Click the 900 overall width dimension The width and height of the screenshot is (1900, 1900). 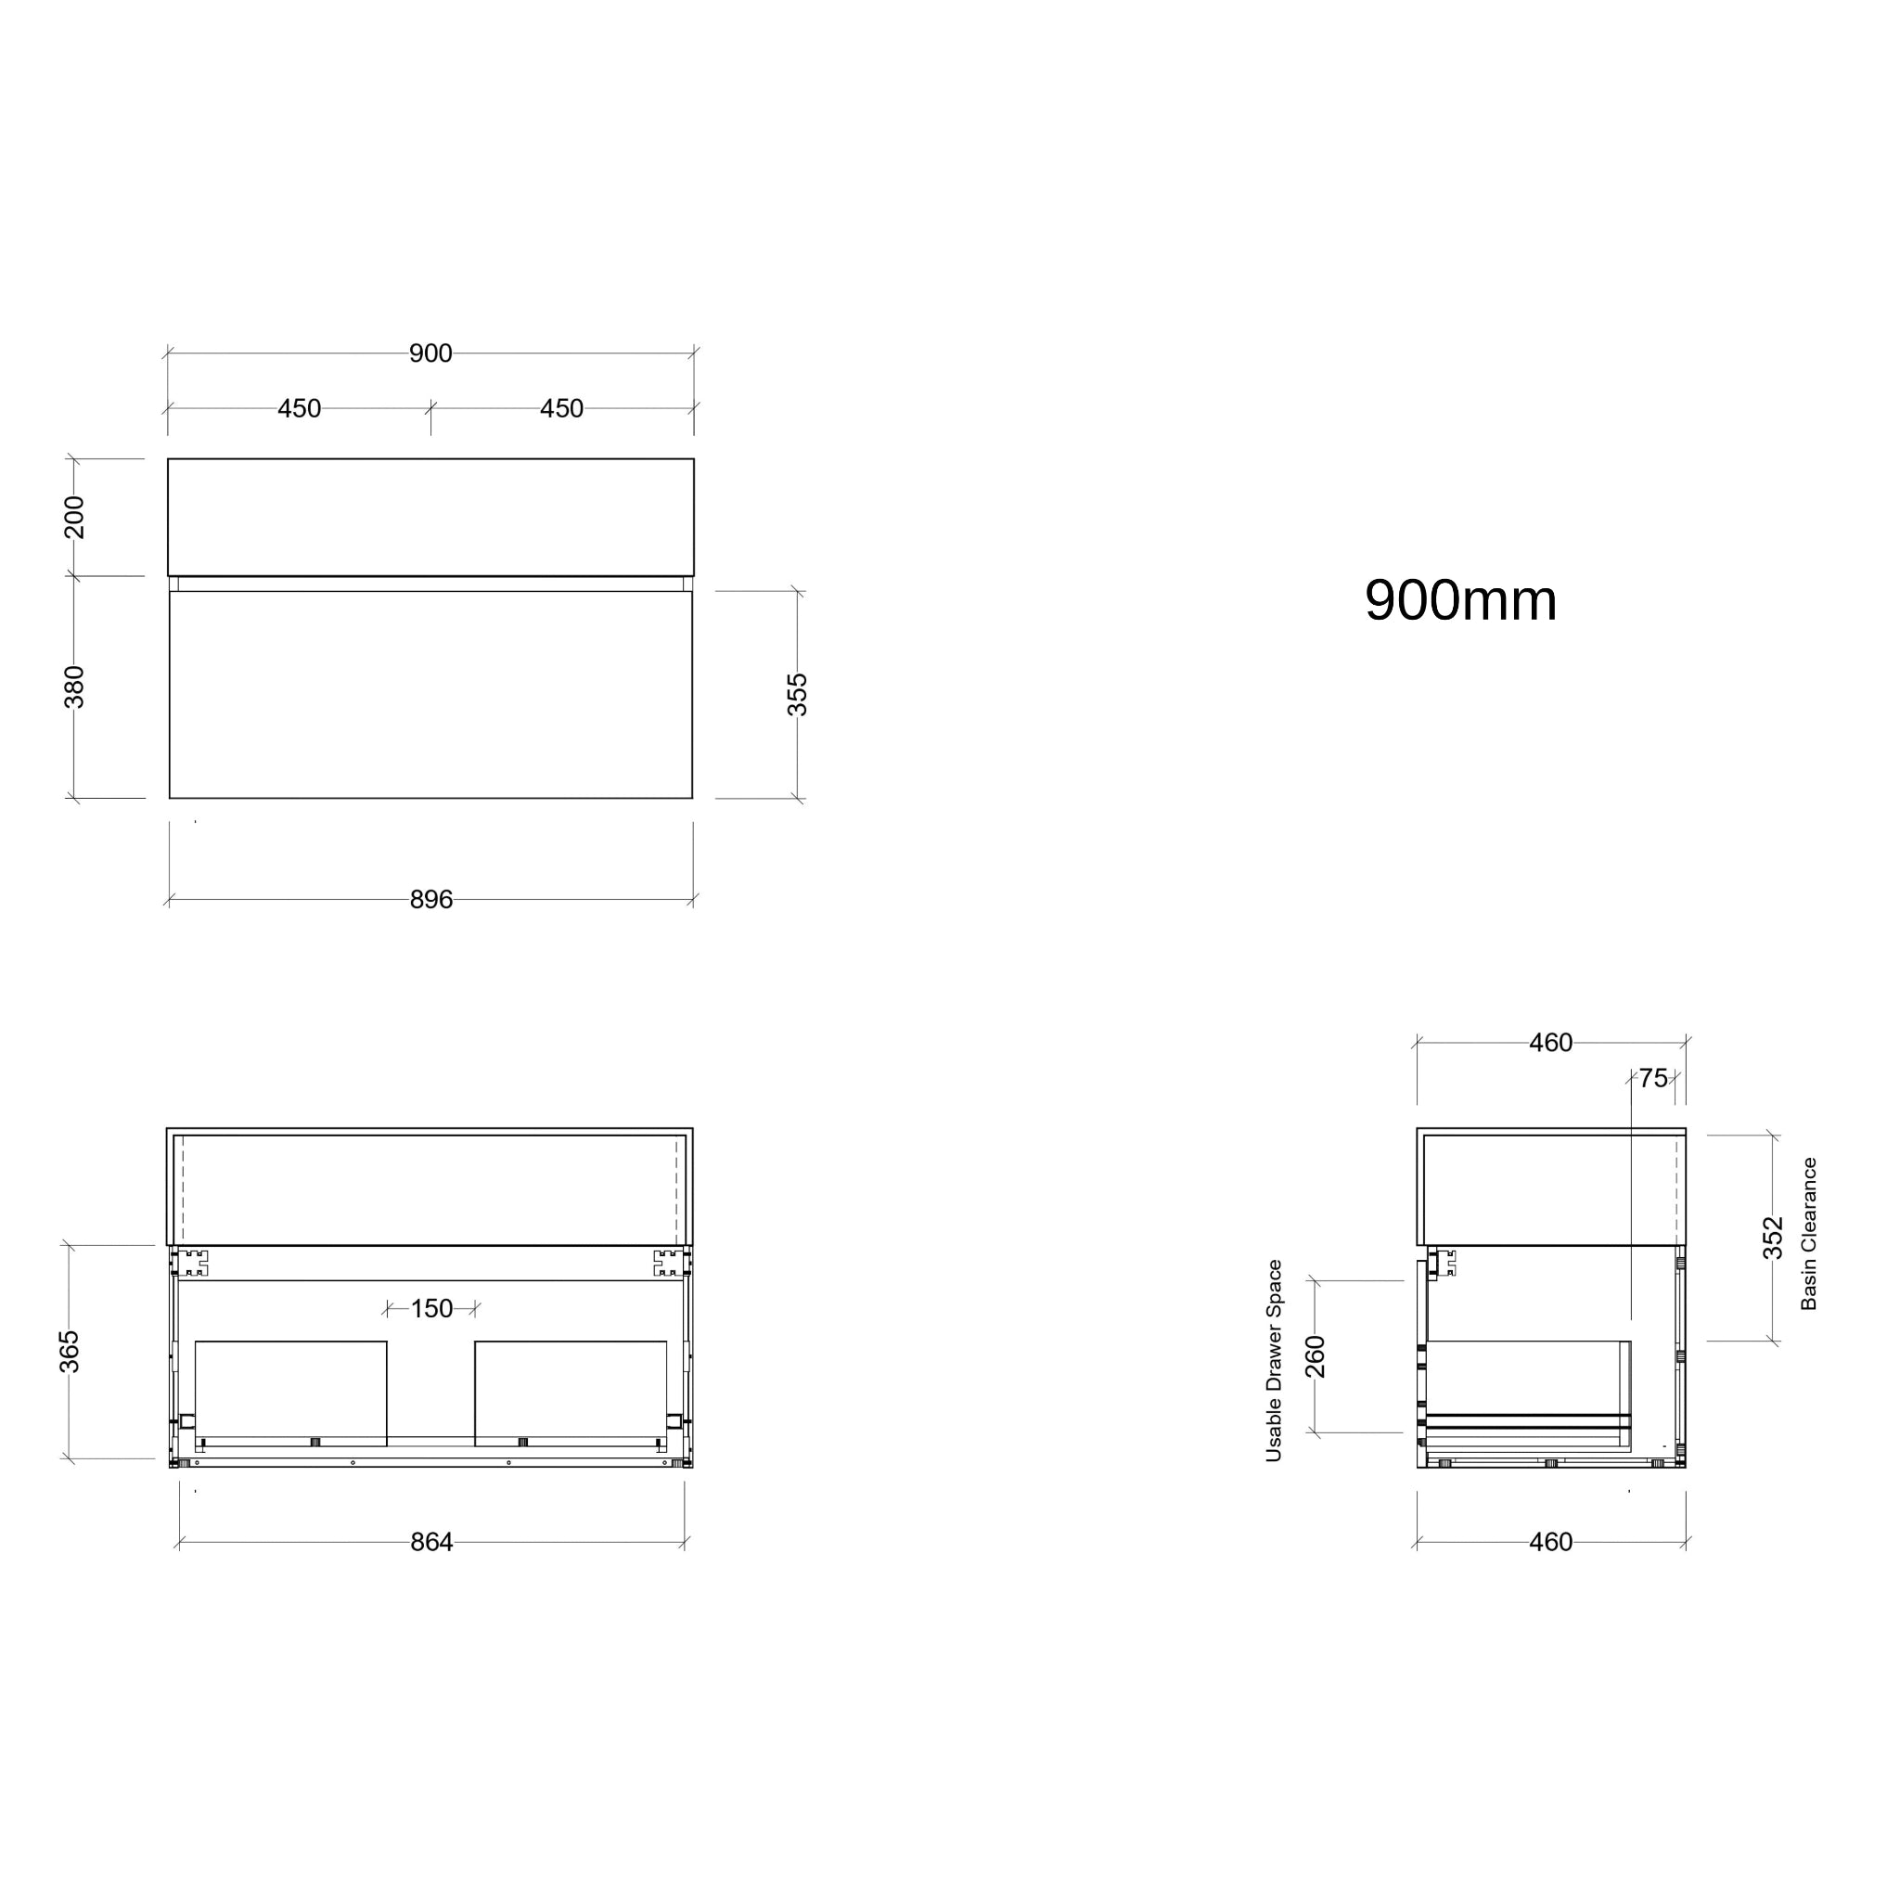click(x=430, y=353)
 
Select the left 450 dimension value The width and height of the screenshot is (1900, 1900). click(x=299, y=408)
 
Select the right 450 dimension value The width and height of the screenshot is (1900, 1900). click(x=561, y=408)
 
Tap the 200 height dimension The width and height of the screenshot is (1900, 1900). click(x=75, y=518)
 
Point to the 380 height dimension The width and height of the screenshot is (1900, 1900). click(x=75, y=687)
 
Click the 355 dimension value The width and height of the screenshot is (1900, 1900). click(x=798, y=694)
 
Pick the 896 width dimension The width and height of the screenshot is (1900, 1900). click(x=430, y=900)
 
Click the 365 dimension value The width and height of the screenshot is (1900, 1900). click(x=69, y=1351)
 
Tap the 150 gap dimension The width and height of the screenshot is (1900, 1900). click(x=431, y=1309)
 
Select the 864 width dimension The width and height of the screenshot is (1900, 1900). click(x=431, y=1542)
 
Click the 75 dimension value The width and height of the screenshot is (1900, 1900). click(x=1653, y=1079)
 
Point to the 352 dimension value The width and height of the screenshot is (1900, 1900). click(x=1772, y=1238)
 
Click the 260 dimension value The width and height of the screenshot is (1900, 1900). click(x=1316, y=1357)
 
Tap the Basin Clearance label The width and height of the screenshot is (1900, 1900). click(x=1808, y=1233)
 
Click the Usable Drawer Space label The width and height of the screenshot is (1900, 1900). click(x=1275, y=1361)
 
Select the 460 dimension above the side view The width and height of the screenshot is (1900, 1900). click(x=1551, y=1043)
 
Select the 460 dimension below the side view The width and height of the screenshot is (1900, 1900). click(x=1551, y=1542)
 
